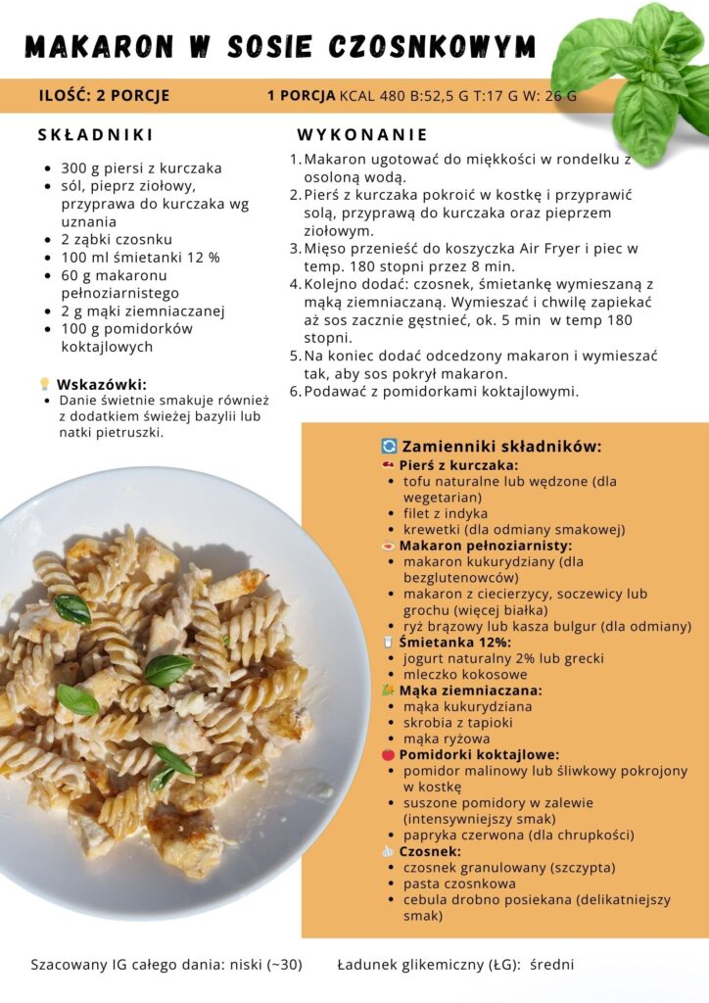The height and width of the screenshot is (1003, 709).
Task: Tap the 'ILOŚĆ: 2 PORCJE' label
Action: click(104, 96)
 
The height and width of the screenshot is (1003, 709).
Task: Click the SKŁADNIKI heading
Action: click(96, 135)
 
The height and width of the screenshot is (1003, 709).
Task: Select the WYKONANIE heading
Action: click(362, 135)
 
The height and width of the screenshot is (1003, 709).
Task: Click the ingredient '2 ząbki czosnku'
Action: click(117, 239)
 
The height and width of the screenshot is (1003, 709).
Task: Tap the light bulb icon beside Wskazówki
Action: click(44, 384)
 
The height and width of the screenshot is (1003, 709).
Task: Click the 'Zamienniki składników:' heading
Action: click(501, 446)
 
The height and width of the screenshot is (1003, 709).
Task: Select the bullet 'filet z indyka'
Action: click(445, 513)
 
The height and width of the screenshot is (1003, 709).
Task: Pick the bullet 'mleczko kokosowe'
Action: click(465, 674)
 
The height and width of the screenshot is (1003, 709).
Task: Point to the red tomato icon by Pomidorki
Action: click(389, 755)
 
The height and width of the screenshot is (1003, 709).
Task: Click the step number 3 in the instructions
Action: click(295, 249)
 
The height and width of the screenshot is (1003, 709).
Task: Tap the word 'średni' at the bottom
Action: click(552, 965)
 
